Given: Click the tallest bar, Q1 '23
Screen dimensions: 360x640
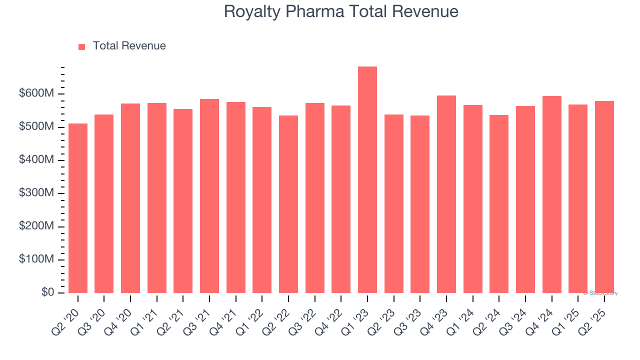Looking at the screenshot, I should (x=367, y=180).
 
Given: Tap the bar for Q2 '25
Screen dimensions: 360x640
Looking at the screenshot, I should (x=604, y=197).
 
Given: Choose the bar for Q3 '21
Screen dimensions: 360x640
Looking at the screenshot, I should (x=209, y=196).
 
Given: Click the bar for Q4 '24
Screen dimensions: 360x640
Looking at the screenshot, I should (x=552, y=194).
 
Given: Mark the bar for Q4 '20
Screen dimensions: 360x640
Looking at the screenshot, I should (x=130, y=198).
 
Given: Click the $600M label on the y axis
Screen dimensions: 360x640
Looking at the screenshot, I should (x=37, y=93).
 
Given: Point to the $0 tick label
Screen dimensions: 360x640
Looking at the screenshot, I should (x=48, y=292).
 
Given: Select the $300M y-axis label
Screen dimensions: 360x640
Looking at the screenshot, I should (x=37, y=193).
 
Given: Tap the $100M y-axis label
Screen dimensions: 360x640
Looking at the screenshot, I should (x=37, y=259).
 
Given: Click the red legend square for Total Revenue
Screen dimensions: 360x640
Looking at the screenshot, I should (x=82, y=46).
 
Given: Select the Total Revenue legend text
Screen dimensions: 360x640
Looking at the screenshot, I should (x=129, y=46).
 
